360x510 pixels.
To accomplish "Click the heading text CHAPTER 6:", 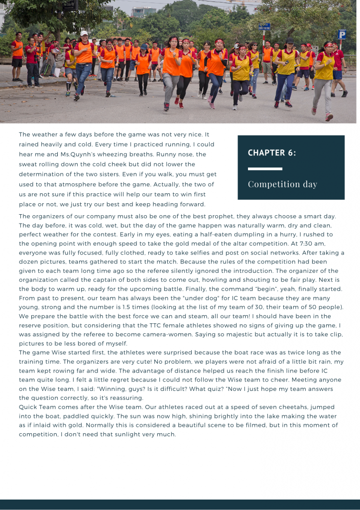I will point(272,153).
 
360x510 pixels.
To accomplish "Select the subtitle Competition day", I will point(282,184).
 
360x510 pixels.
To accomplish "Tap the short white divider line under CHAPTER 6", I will point(258,169).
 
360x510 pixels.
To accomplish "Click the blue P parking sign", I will point(342,34).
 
